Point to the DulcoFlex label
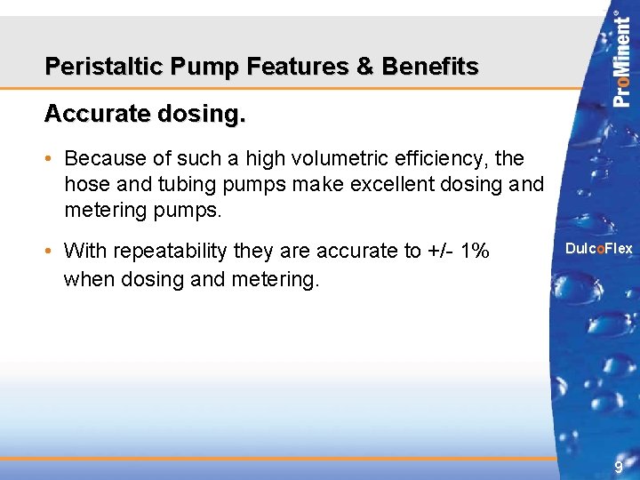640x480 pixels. (x=599, y=249)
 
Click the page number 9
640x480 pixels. (x=618, y=468)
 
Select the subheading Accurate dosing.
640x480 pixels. (x=144, y=114)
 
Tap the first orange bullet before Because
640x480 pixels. (x=52, y=159)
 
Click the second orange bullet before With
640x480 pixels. (x=52, y=252)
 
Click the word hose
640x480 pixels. (x=84, y=185)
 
